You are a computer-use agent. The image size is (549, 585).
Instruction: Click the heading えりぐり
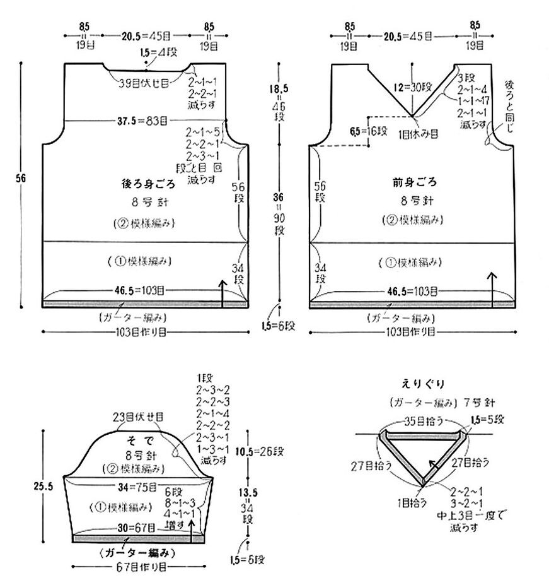(420, 383)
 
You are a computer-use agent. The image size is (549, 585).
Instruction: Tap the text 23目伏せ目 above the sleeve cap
(139, 417)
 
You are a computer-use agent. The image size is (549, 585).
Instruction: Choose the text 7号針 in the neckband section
(473, 401)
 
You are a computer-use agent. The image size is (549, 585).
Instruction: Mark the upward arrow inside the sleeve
(190, 531)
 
